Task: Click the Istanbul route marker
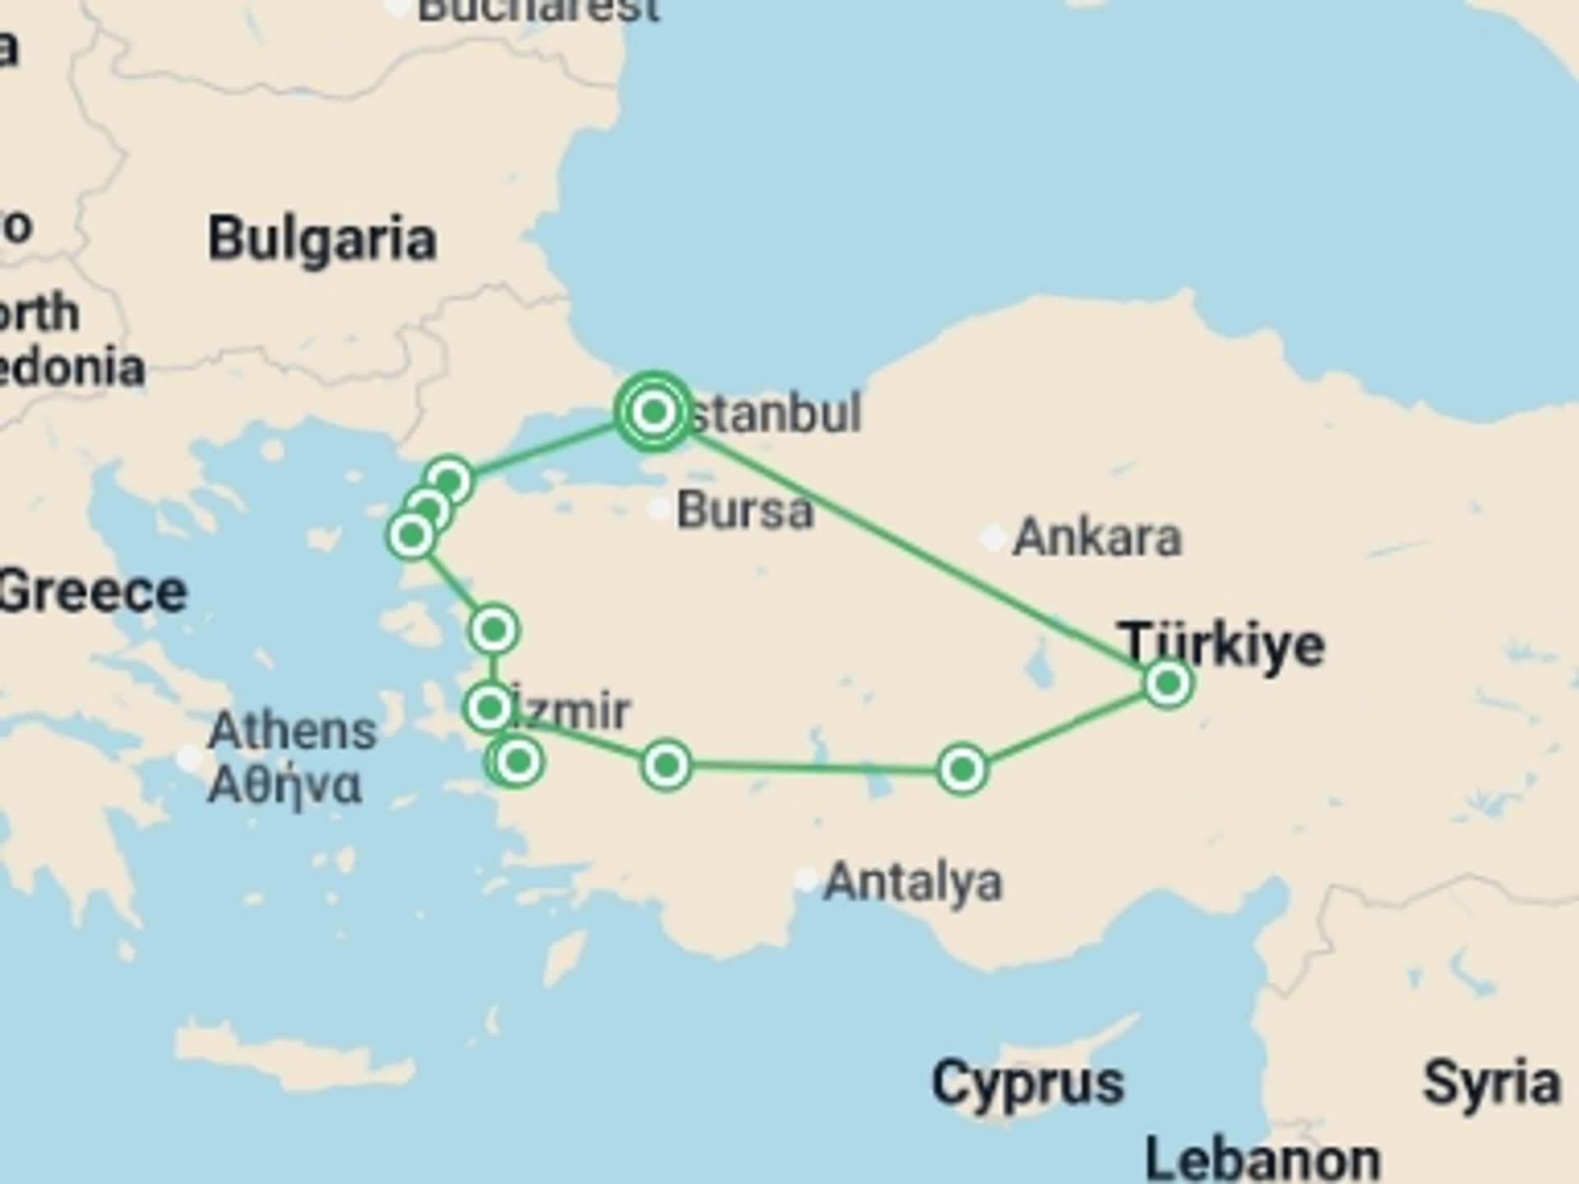click(x=653, y=411)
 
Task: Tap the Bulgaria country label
click(x=322, y=239)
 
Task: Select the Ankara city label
click(x=1097, y=538)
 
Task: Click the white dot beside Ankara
click(x=993, y=538)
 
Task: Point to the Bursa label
click(x=744, y=510)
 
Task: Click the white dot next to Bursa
click(x=658, y=510)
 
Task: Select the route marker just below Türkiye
click(x=1168, y=682)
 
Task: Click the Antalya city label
click(x=913, y=882)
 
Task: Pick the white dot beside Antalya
click(x=806, y=881)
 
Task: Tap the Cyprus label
click(x=1027, y=1083)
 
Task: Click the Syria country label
click(x=1491, y=1083)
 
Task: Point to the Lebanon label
click(x=1262, y=1159)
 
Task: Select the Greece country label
click(x=92, y=592)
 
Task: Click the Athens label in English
click(x=292, y=730)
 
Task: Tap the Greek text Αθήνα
click(x=284, y=785)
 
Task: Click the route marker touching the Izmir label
click(x=489, y=707)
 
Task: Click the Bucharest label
click(x=539, y=10)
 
